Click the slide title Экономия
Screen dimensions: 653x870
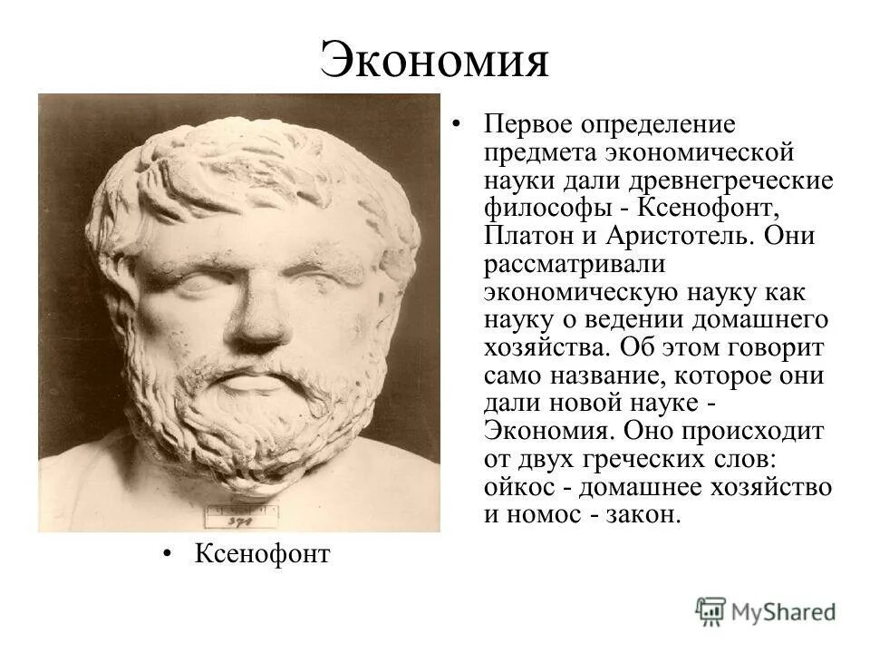(434, 61)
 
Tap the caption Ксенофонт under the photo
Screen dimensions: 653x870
(263, 552)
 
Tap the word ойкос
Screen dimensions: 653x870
(516, 487)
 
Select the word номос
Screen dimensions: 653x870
(541, 515)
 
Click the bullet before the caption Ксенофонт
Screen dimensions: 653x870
(169, 552)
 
